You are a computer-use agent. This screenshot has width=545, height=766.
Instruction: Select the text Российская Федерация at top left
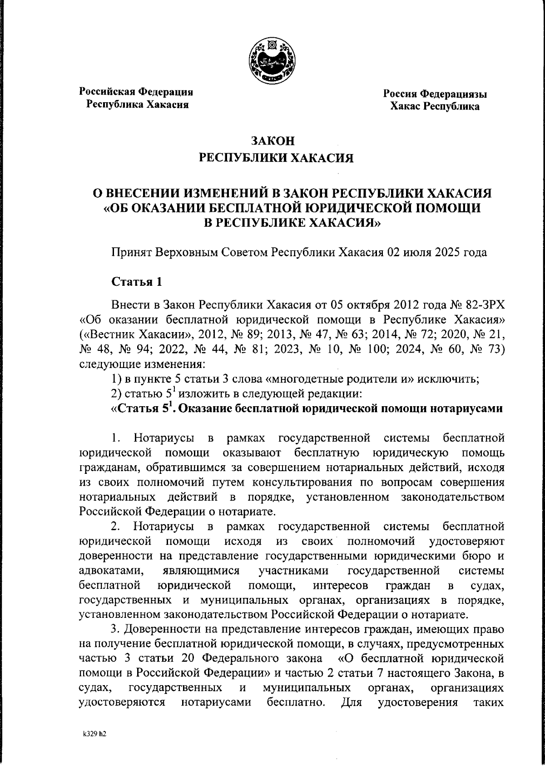(137, 92)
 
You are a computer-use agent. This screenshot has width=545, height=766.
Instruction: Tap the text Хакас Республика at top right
(435, 107)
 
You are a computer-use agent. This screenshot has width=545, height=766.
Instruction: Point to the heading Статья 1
(137, 282)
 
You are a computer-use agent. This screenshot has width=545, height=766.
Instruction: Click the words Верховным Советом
(210, 252)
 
